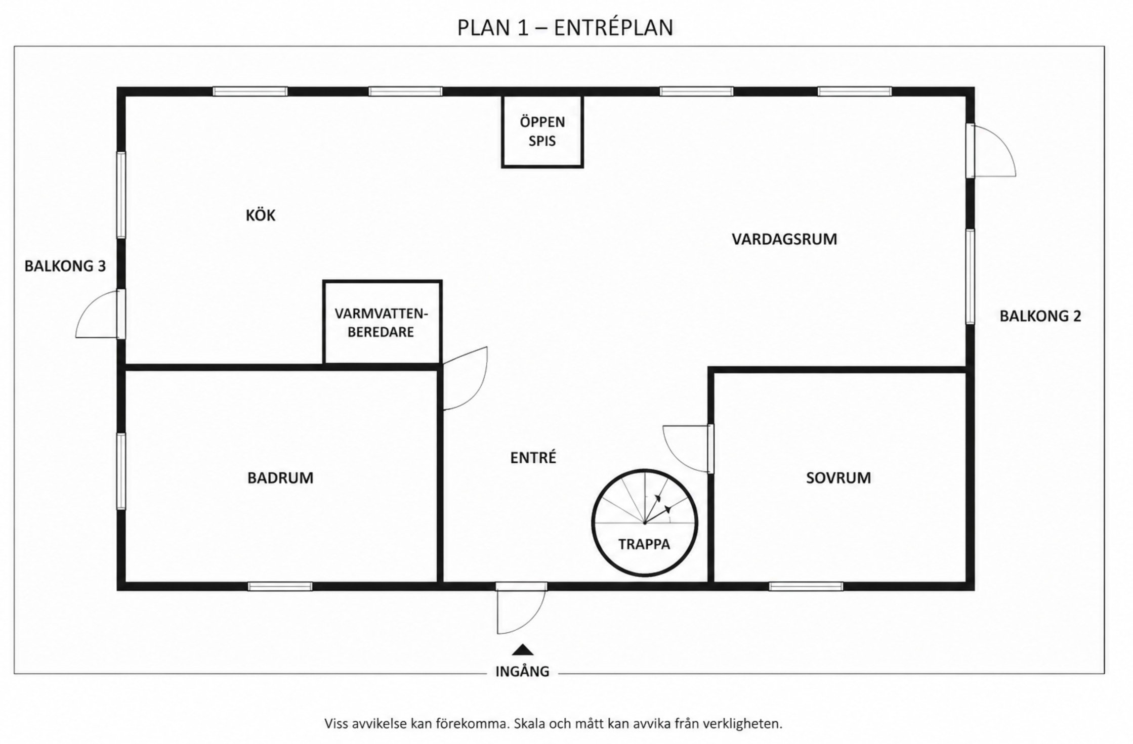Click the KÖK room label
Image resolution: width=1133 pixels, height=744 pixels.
coord(260,215)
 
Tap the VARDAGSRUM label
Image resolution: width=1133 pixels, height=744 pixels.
coord(784,239)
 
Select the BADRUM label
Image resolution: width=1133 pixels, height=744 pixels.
coord(280,478)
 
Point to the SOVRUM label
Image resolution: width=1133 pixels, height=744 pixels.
coord(838,478)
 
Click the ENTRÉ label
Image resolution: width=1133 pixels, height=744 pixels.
coord(533,457)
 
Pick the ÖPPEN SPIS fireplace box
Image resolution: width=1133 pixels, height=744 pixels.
coord(542,132)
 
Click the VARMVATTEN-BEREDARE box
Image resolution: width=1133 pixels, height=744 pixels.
coord(382,323)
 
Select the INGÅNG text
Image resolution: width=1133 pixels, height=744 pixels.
coord(522,672)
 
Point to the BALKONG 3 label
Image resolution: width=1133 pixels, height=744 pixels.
coord(65,266)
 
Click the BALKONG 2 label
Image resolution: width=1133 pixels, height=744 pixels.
coord(1040,316)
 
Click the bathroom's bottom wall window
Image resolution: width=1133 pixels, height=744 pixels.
coord(280,586)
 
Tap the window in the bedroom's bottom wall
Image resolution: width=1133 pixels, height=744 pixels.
coord(806,586)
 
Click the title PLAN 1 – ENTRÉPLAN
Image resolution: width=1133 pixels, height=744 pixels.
coord(565,28)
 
